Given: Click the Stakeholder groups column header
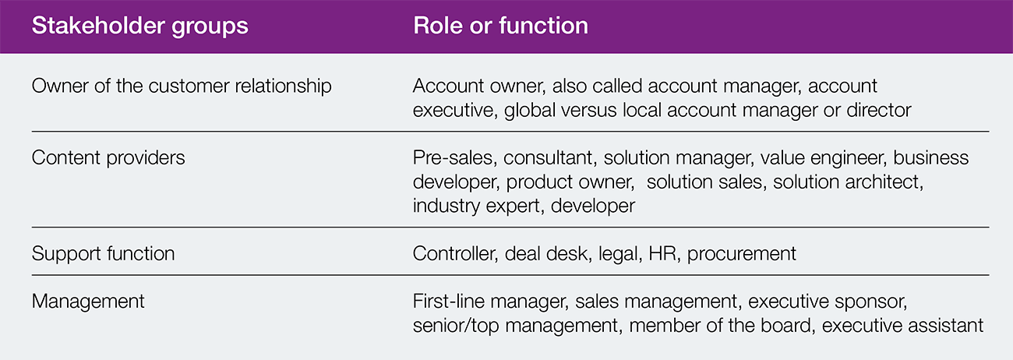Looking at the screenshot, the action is (139, 26).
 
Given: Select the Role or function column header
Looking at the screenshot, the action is (500, 26).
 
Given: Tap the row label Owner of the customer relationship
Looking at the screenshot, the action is (182, 86).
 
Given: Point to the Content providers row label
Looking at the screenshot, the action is (108, 158).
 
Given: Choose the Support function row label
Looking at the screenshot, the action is (103, 254).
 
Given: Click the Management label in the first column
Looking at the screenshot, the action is (88, 302).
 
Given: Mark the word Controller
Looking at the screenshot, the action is (455, 254).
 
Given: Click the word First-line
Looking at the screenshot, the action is (449, 302).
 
